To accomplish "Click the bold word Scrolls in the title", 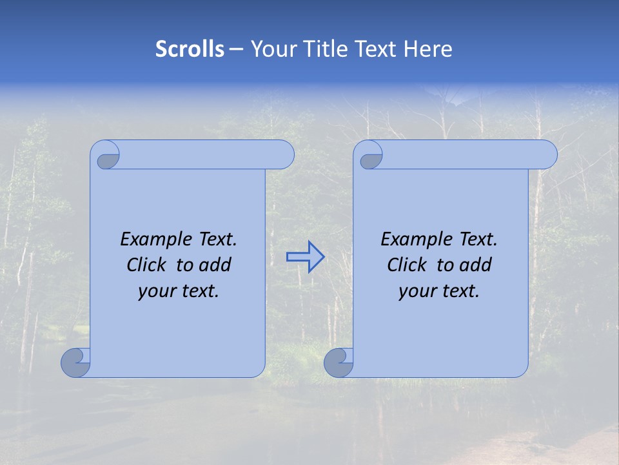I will coord(190,49).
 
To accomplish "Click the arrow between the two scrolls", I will coord(305,257).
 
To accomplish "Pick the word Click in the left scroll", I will coord(146,265).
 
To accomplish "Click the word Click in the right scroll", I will coord(407,265).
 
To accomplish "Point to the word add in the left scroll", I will coord(215,265).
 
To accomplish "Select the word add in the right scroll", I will coord(476,265).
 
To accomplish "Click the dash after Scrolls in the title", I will coord(236,49).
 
